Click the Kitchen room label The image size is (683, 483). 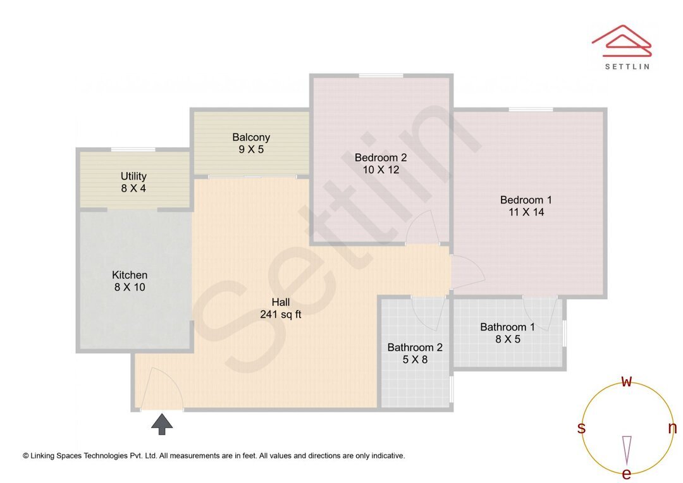coord(130,281)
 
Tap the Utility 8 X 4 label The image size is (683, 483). coord(133,182)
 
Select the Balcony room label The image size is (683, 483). coord(251,144)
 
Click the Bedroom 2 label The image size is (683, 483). coord(380,163)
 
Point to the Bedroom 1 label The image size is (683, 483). coord(526,206)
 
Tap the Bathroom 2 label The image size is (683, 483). coord(415,353)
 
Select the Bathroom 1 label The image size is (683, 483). coord(507,333)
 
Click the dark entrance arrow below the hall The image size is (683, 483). coord(162,424)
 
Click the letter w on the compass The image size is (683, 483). coord(626,382)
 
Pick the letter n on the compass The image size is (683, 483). coord(672,428)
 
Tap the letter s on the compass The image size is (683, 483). coord(581,428)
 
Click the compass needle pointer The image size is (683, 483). coord(627,449)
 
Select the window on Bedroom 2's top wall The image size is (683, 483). coord(381,76)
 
